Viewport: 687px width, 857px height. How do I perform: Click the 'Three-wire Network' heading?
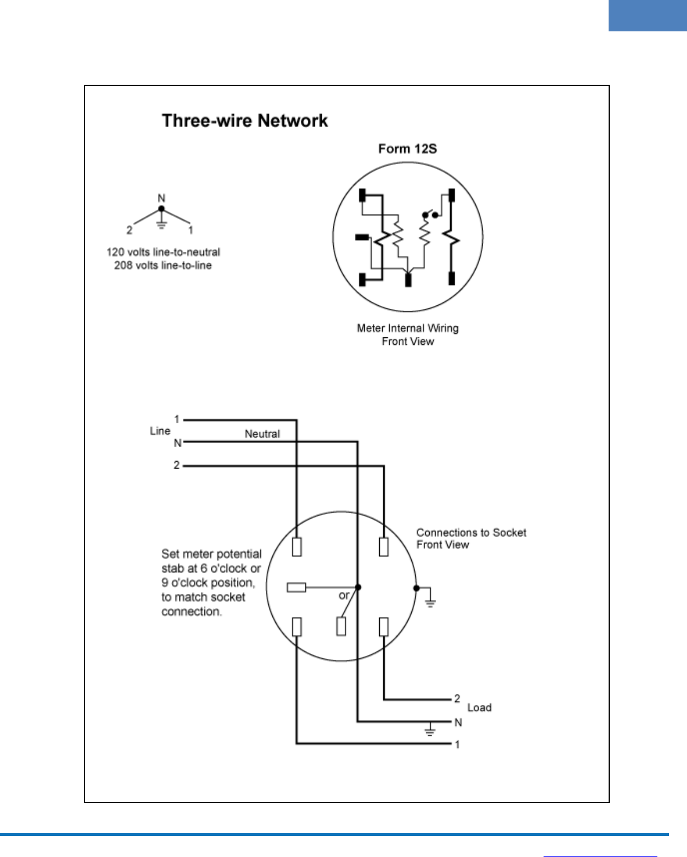click(244, 121)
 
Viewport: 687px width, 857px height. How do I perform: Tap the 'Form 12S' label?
click(407, 149)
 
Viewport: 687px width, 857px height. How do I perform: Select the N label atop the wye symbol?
click(161, 199)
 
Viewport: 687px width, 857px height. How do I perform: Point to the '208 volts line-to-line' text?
click(163, 266)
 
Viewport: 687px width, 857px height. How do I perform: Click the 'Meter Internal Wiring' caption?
click(407, 329)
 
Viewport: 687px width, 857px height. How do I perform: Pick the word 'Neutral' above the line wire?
click(262, 434)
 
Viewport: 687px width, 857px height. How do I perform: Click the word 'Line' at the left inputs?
click(160, 431)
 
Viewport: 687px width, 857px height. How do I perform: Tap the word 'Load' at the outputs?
click(479, 708)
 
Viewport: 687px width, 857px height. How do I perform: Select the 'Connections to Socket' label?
click(471, 532)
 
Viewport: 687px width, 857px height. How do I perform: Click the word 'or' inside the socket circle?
click(344, 596)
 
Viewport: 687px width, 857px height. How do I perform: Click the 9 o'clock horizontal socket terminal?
click(296, 588)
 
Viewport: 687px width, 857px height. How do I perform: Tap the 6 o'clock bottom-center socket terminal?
click(341, 626)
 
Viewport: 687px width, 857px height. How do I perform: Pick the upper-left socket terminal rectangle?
click(297, 547)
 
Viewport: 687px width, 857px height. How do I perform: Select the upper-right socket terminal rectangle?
click(384, 547)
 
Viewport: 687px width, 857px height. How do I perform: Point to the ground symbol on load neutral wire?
click(430, 731)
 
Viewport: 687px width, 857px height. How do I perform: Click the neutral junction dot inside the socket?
click(358, 588)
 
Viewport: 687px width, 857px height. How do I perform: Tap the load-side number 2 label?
click(457, 698)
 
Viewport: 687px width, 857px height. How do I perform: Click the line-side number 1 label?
click(177, 419)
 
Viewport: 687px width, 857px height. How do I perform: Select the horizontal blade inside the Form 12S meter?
click(362, 236)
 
